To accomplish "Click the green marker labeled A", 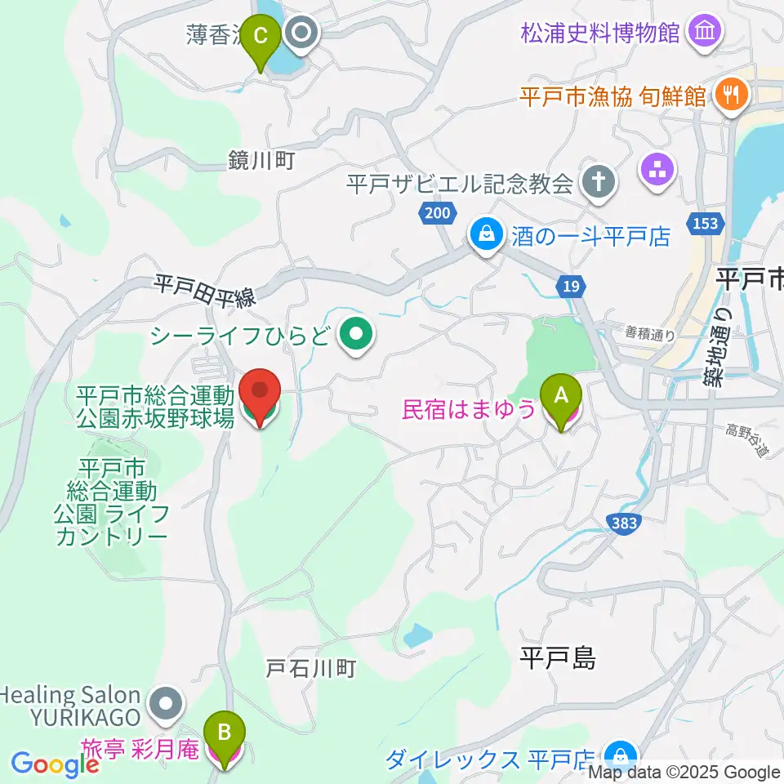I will click(x=561, y=397).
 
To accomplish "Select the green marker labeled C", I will click(x=261, y=39).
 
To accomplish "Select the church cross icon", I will click(x=599, y=182).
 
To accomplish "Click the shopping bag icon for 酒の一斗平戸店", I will click(x=487, y=236).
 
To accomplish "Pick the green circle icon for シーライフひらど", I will click(x=355, y=333).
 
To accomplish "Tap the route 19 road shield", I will click(x=572, y=286).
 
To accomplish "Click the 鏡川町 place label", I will click(x=261, y=161).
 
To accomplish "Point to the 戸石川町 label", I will click(x=311, y=669).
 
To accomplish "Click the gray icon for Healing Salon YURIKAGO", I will click(x=166, y=702).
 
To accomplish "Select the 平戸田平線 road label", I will click(x=205, y=291).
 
